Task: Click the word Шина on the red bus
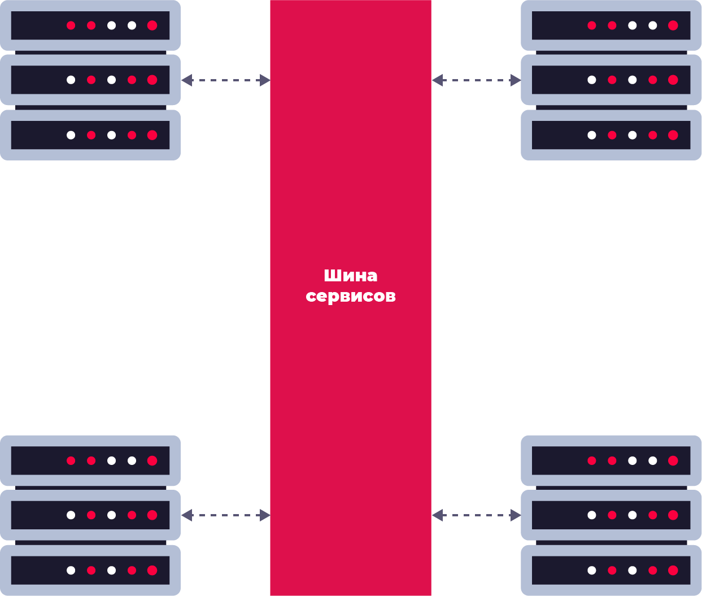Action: click(350, 276)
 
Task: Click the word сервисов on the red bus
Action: click(350, 296)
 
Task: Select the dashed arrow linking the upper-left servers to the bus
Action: click(225, 80)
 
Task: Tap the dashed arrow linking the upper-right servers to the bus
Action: click(476, 80)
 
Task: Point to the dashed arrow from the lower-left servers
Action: click(225, 515)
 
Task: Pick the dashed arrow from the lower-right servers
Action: click(476, 515)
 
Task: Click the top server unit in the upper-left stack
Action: click(90, 25)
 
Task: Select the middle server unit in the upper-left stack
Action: click(90, 80)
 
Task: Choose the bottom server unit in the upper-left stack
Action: click(90, 135)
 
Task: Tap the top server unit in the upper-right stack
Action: click(611, 25)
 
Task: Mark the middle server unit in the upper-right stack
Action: click(611, 80)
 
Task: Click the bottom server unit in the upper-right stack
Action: click(611, 135)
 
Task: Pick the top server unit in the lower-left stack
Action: click(90, 460)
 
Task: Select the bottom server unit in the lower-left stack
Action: click(90, 570)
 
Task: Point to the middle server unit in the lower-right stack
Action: click(611, 515)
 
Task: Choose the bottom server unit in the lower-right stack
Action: click(611, 570)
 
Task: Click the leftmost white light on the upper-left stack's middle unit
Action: click(71, 80)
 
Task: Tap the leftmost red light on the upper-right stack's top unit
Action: click(591, 25)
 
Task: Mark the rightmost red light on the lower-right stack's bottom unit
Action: click(673, 570)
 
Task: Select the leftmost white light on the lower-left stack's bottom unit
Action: click(71, 570)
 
